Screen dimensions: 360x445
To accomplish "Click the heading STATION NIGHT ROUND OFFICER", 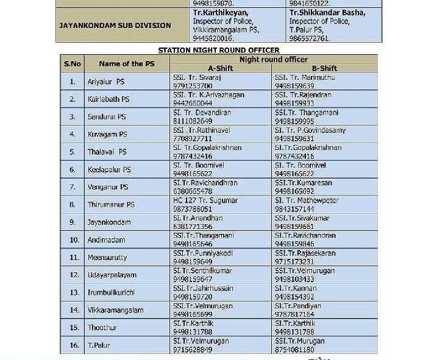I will coord(218,50).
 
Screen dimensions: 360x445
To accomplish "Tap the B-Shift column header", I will coord(324,68).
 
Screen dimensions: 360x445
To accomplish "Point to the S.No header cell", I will coord(72,63).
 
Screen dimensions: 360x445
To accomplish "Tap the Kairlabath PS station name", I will coord(108,99).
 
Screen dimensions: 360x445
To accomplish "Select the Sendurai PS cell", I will coord(106,116).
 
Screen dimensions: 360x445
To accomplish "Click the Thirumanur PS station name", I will coord(110,205).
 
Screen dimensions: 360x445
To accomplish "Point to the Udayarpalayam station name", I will coord(112,275).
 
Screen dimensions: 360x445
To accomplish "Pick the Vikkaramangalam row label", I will coord(115,310).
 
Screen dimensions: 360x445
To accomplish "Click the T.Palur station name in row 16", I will coord(97,345).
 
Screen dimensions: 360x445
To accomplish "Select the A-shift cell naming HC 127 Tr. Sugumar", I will coord(205,205).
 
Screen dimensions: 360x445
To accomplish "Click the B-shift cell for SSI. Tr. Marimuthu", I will coord(305,81).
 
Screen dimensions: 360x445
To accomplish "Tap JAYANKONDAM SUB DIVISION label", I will coord(115,26).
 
